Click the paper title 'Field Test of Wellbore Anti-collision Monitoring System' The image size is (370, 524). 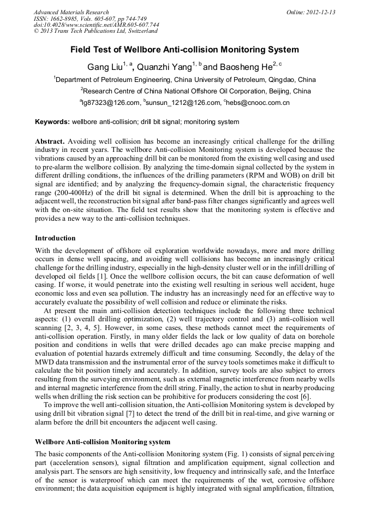click(x=184, y=50)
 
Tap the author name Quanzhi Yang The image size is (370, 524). click(x=162, y=67)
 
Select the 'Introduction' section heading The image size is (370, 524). click(x=55, y=238)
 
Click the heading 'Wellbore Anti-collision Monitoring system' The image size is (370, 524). click(x=102, y=441)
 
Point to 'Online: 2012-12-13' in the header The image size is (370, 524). click(x=311, y=12)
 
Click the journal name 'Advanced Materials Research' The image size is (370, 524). click(x=71, y=12)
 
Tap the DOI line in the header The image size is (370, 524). click(x=96, y=25)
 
